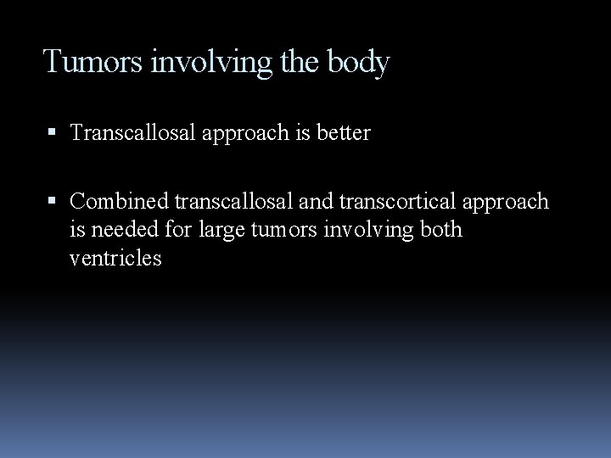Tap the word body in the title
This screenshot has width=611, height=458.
(358, 62)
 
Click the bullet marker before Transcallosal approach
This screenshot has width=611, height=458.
(53, 134)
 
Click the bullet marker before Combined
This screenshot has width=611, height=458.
(53, 202)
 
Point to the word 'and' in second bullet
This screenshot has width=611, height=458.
(312, 202)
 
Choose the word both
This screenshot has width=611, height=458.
(440, 230)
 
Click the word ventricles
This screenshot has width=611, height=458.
(115, 259)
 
